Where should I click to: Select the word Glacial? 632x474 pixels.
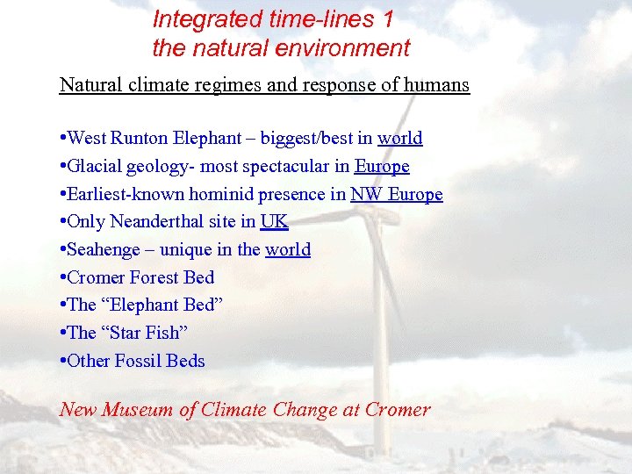click(95, 167)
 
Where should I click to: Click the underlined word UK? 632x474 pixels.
click(274, 222)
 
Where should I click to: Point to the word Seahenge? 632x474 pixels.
click(105, 250)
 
